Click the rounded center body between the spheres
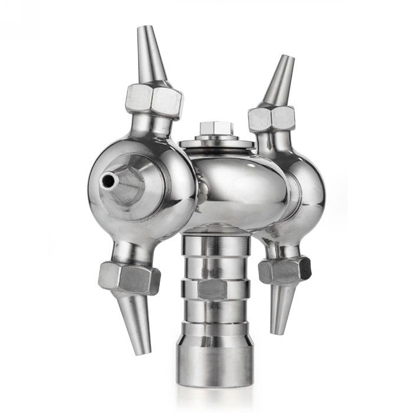tap(236, 183)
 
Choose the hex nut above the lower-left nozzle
tap(129, 277)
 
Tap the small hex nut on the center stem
tap(212, 289)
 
